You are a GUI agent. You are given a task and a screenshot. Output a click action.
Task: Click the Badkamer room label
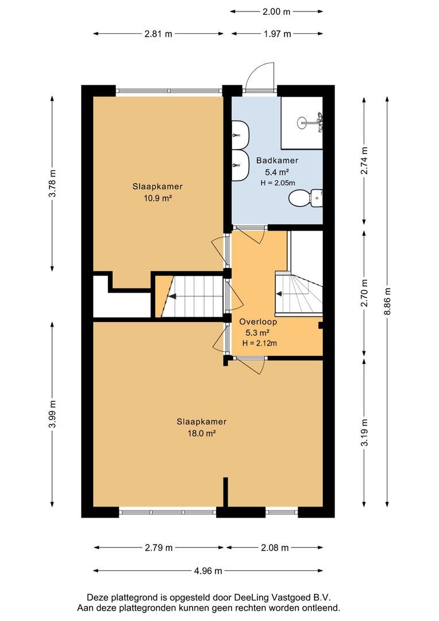coord(277,160)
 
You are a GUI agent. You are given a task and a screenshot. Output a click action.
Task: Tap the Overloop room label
coord(258,321)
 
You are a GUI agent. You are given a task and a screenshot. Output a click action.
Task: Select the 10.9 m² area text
coord(157,198)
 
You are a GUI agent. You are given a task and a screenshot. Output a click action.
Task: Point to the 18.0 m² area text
coord(202,434)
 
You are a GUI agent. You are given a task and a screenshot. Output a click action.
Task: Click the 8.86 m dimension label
coord(387,301)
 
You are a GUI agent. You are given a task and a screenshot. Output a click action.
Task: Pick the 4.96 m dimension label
coord(208,571)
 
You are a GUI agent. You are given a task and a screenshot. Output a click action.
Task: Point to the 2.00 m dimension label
coord(276,11)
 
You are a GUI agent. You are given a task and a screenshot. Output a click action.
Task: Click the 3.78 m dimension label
coord(52,183)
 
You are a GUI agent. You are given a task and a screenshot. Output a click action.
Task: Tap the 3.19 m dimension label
coord(364,432)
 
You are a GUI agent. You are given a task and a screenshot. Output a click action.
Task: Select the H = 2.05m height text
coord(278,183)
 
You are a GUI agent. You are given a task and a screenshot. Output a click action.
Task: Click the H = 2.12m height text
coord(259,343)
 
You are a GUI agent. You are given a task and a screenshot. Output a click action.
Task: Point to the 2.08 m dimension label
coord(275,548)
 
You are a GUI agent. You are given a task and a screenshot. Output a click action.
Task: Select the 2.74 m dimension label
coord(364,160)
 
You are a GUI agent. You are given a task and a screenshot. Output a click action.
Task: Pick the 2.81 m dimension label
coord(159,34)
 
